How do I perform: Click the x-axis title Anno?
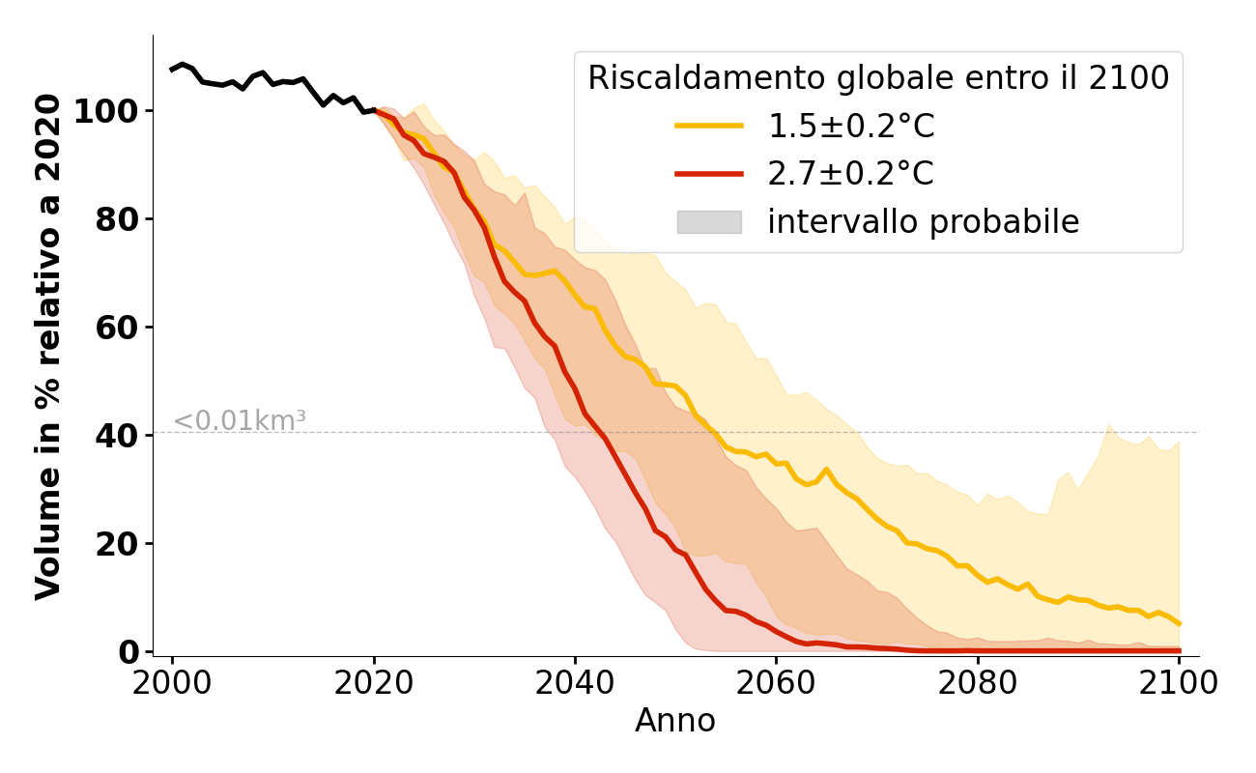[x=675, y=721]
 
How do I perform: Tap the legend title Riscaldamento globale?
[x=878, y=78]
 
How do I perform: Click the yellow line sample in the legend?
[x=709, y=126]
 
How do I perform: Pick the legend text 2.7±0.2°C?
[x=851, y=174]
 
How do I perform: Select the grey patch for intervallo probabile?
[x=709, y=222]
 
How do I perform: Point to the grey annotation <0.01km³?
[x=240, y=421]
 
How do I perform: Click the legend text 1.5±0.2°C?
[x=851, y=126]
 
